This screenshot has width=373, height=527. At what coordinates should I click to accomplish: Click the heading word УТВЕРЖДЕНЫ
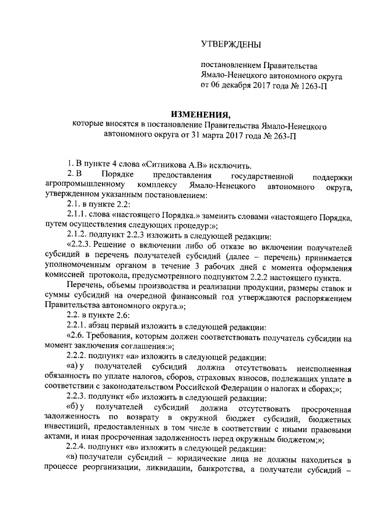[x=231, y=44]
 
